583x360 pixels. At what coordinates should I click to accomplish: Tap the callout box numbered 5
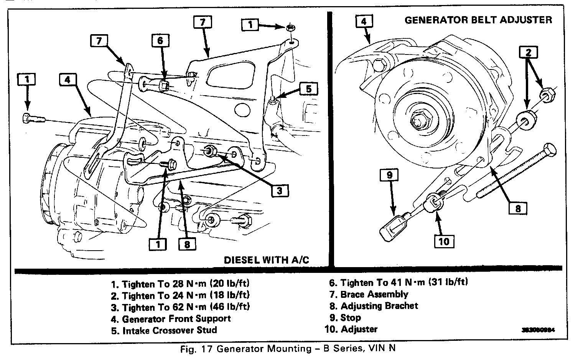[309, 89]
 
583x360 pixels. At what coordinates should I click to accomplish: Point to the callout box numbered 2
[529, 52]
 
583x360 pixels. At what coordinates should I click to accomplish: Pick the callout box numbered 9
[389, 175]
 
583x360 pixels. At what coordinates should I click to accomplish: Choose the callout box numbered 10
[444, 241]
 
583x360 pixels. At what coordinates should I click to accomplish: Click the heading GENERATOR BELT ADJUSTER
[478, 20]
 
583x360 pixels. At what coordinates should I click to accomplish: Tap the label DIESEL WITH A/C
[266, 260]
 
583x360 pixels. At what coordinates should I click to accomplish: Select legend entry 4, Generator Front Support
[171, 319]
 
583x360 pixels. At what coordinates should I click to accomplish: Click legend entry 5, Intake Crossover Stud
[164, 330]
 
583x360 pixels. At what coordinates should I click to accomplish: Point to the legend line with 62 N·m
[181, 307]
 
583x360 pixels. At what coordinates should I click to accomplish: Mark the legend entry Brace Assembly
[369, 294]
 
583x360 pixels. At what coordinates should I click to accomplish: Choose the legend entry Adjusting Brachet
[374, 306]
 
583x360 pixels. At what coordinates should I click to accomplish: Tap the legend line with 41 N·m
[399, 282]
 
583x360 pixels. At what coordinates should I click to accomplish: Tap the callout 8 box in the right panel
[518, 208]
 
